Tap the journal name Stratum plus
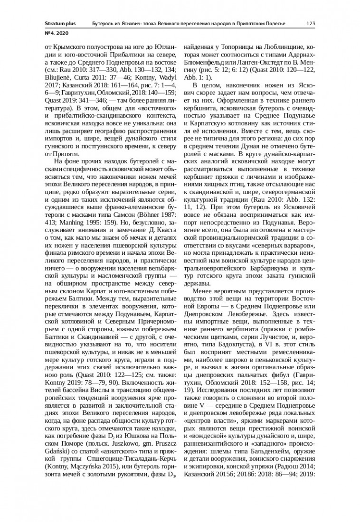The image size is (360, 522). tap(57, 23)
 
